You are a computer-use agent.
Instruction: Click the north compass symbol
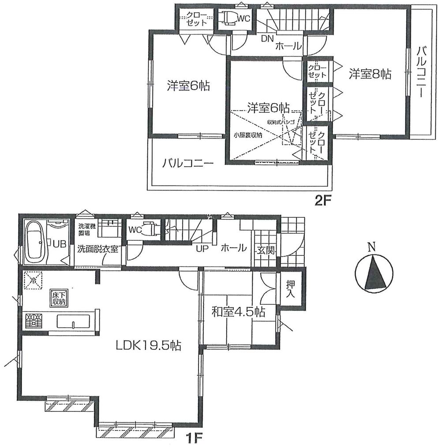point(373,273)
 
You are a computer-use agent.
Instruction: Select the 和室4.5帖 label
point(238,313)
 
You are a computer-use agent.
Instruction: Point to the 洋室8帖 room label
point(370,74)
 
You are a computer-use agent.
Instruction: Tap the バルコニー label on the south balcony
point(187,163)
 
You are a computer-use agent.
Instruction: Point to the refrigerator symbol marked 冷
point(32,280)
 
